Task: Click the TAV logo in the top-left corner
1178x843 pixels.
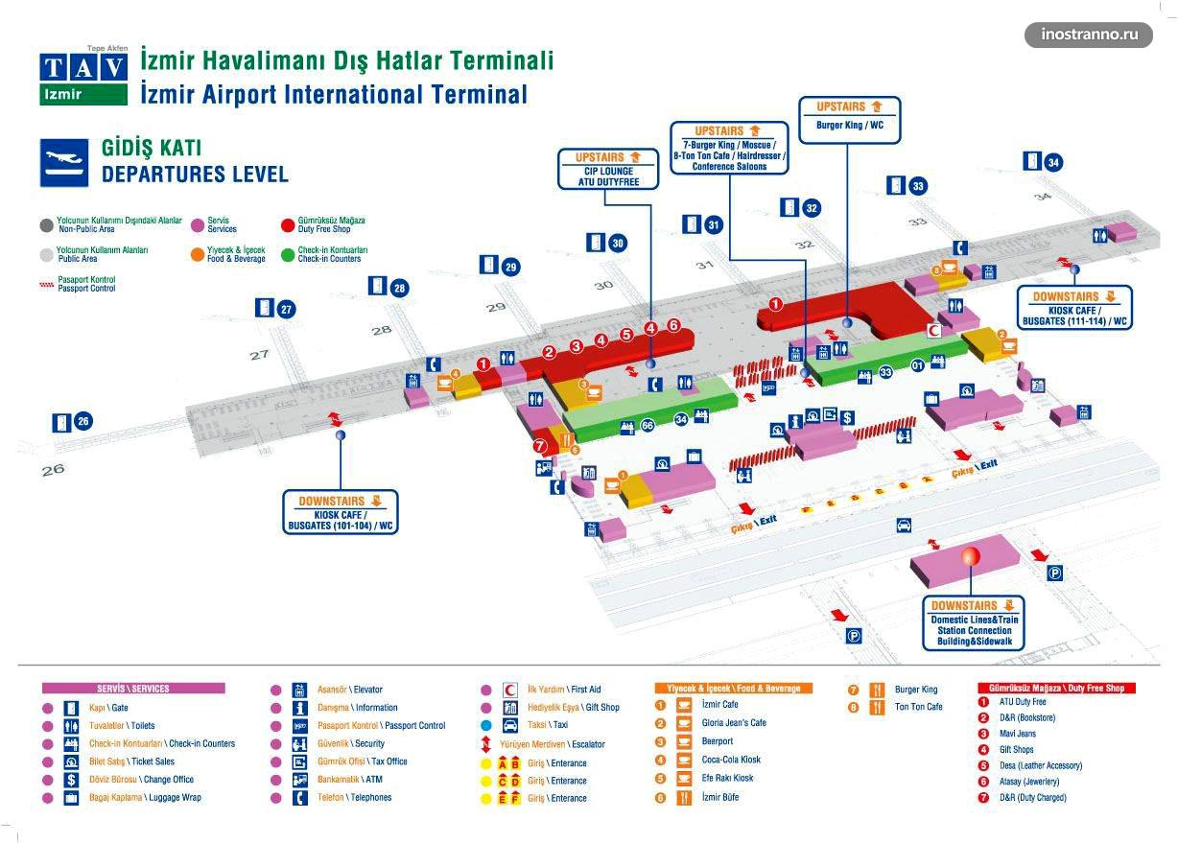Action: (x=83, y=74)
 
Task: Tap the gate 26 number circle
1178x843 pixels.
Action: (x=83, y=420)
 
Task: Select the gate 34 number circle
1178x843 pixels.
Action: (x=1054, y=162)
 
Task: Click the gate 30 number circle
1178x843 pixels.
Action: (x=618, y=244)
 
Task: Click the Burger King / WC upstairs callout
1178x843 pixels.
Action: (x=849, y=118)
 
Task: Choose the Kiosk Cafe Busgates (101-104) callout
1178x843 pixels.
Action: (x=341, y=512)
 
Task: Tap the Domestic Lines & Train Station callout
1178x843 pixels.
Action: (x=974, y=623)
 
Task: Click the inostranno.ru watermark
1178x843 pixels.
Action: (x=1096, y=35)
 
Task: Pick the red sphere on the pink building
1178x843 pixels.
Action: (x=970, y=555)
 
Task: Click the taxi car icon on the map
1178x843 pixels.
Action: (x=904, y=525)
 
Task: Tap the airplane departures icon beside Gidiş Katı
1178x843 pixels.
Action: (x=65, y=163)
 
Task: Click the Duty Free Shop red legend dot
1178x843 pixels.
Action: (x=287, y=225)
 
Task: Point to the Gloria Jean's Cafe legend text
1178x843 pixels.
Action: (x=733, y=723)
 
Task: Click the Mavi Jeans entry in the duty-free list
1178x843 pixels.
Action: (x=1018, y=734)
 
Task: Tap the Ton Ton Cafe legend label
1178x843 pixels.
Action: (x=918, y=708)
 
